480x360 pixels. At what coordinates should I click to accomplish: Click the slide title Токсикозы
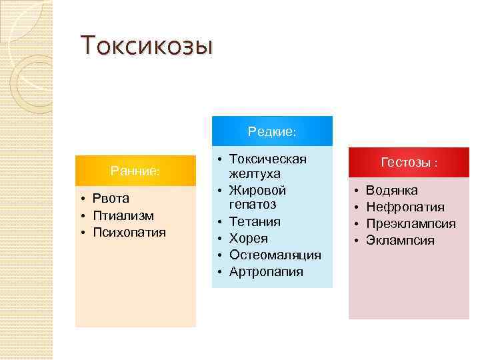coord(147,47)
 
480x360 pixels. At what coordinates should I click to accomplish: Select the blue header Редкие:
coord(272,131)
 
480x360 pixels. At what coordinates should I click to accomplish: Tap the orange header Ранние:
coord(135,171)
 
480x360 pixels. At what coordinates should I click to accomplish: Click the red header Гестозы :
coord(409,162)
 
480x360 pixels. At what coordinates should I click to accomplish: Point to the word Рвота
coord(111,199)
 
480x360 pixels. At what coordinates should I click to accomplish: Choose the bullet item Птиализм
coord(123,215)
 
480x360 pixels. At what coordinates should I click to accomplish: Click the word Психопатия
coord(129,233)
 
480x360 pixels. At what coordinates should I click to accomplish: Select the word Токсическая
coord(268,159)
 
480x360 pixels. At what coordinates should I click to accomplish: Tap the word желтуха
coord(255,175)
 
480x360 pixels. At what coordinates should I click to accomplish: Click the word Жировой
coord(257,191)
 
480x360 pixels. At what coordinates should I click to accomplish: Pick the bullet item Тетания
coord(255,221)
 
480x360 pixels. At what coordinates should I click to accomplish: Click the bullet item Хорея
coord(249,238)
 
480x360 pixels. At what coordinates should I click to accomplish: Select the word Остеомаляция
coord(275,255)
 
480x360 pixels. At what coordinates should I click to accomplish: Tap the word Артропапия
coord(266,271)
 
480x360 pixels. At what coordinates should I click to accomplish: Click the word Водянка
coord(392,191)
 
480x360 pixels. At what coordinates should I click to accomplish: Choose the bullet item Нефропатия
coord(405,207)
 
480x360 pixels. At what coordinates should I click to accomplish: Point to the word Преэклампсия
coord(411,224)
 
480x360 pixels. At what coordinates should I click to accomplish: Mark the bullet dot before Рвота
coord(81,199)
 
